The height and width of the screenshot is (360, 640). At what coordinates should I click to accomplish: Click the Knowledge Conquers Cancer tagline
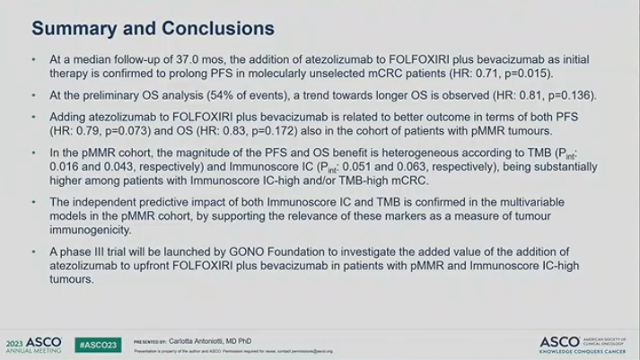pos(588,350)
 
